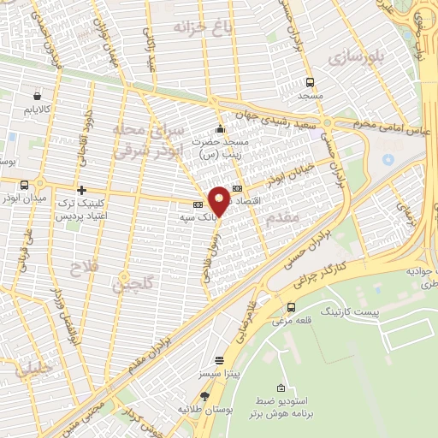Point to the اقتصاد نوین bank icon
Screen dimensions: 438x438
237,188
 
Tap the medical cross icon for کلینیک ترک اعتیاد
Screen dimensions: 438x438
81,190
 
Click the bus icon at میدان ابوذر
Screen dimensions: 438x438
23,184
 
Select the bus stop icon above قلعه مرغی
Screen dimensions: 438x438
292,307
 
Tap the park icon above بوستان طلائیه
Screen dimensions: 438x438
204,396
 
